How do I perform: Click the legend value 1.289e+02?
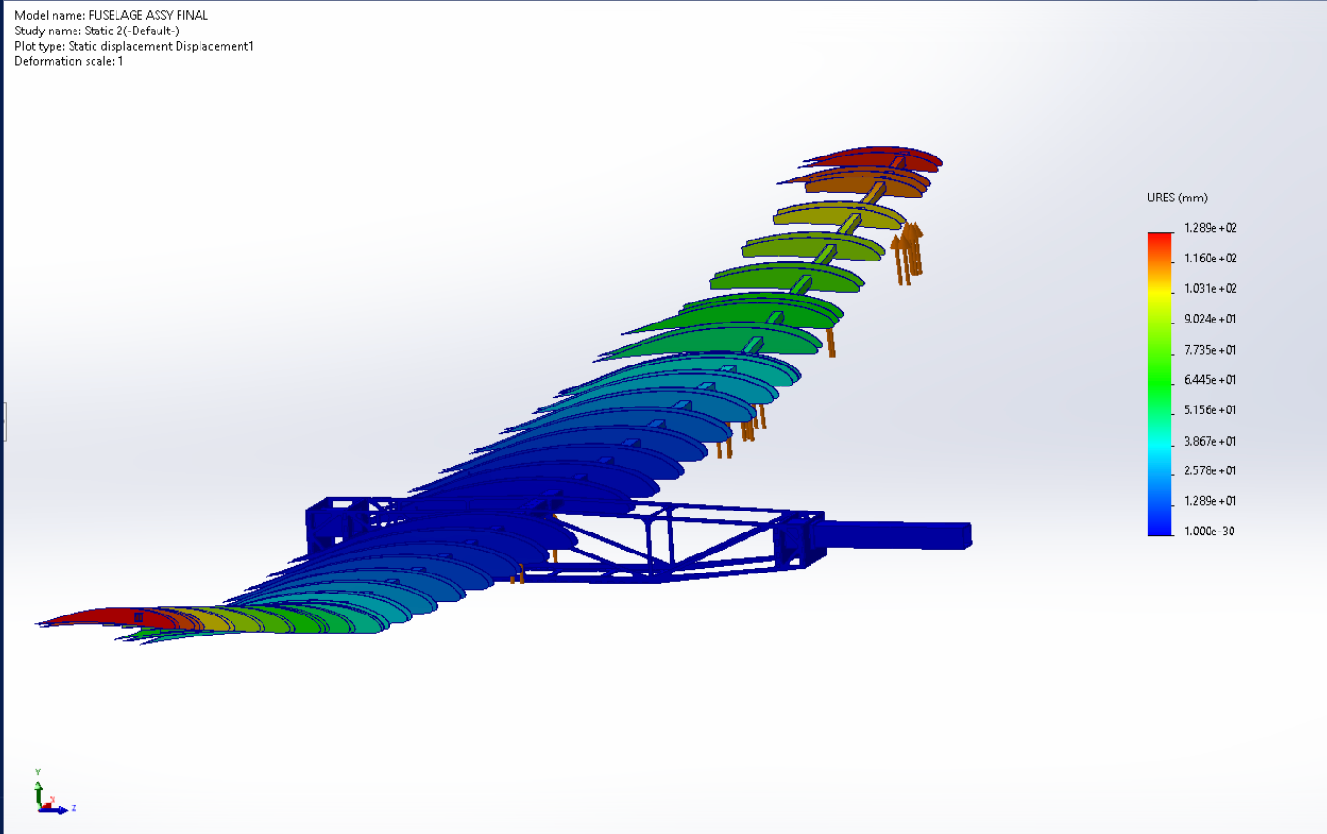[x=1211, y=228]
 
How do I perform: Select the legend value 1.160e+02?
[x=1211, y=259]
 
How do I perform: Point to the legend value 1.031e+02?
[x=1211, y=288]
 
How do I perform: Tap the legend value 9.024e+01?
[x=1211, y=320]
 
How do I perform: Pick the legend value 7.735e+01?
[x=1211, y=350]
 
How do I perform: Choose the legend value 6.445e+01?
[x=1211, y=380]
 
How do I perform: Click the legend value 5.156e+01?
[x=1211, y=410]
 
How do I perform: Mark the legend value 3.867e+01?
[x=1211, y=441]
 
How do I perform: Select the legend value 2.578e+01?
[x=1211, y=470]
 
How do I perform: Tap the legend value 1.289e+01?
[x=1211, y=501]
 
